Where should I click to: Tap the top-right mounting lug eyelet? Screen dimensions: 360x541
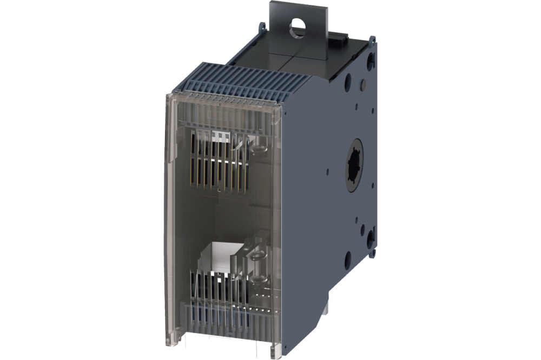(x=372, y=39)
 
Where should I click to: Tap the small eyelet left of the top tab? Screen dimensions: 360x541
(x=261, y=25)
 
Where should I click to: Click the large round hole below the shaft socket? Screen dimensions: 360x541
(x=347, y=260)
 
